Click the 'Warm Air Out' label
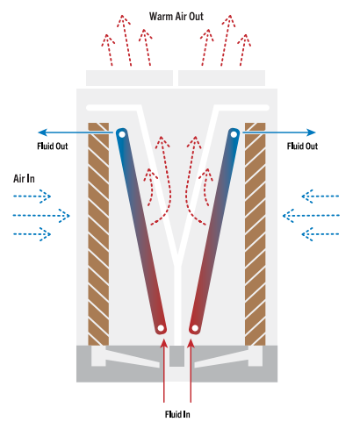click(176, 17)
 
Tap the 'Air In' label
click(24, 178)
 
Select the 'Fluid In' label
click(177, 414)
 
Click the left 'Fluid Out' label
click(53, 146)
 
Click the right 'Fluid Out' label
click(302, 146)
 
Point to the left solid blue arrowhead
click(43, 132)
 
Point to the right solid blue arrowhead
click(311, 132)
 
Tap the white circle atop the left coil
click(122, 134)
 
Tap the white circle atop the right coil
click(234, 134)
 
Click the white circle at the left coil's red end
click(161, 328)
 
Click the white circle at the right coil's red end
click(195, 328)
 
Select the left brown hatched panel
click(98, 234)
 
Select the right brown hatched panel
click(256, 234)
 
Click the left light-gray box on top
click(129, 78)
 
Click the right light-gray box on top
click(221, 78)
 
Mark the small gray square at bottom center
click(176, 356)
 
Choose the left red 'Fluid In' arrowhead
click(164, 343)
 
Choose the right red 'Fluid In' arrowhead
click(191, 343)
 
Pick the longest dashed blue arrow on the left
click(41, 216)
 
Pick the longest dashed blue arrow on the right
click(311, 216)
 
